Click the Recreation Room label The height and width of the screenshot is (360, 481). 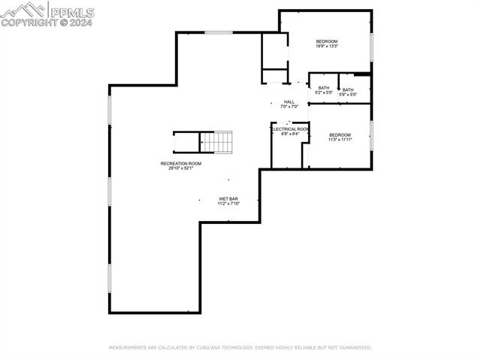(x=181, y=164)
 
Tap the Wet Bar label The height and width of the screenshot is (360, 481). (x=228, y=199)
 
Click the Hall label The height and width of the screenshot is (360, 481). (x=289, y=102)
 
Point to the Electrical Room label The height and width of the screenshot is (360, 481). (x=290, y=129)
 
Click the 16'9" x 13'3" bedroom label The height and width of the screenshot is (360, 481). (x=327, y=41)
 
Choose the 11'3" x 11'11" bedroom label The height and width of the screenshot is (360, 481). (x=340, y=135)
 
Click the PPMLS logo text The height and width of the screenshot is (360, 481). (x=71, y=11)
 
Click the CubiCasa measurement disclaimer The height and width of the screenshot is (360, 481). (x=240, y=348)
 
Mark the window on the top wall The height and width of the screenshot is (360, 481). (x=219, y=32)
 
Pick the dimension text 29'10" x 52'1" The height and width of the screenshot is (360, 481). (x=181, y=168)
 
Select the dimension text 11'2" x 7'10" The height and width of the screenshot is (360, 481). (x=228, y=204)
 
